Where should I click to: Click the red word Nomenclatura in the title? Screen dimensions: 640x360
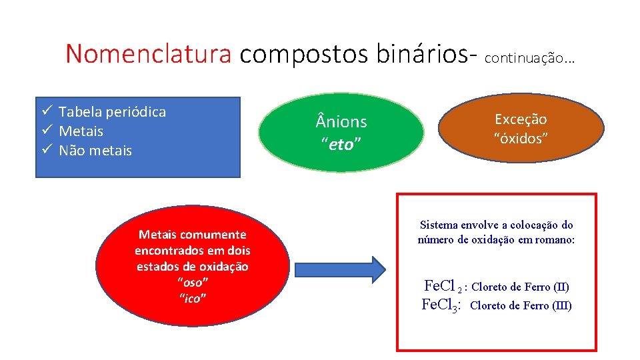pos(149,54)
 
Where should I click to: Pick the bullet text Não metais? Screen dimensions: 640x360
pos(95,151)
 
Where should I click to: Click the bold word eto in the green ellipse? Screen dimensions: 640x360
pos(341,144)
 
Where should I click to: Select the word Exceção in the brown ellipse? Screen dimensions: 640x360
pos(521,119)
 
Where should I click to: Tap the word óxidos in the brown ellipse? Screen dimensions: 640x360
pos(521,138)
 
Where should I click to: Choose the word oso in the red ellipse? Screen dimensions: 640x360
pos(192,282)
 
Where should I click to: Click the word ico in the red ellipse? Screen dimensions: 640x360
pos(192,297)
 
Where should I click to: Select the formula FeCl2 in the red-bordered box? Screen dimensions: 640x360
pos(443,286)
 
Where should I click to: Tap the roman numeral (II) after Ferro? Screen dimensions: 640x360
pos(561,287)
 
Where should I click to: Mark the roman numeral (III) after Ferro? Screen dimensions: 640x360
pos(563,306)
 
